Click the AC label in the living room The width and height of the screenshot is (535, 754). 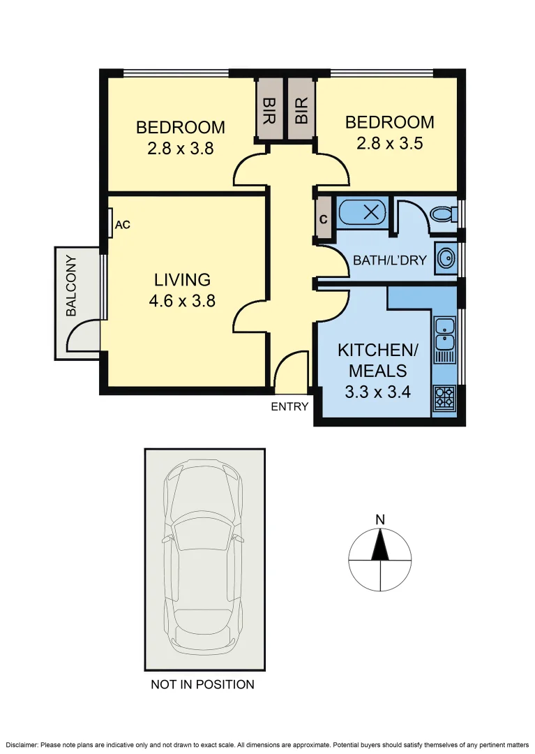[123, 225]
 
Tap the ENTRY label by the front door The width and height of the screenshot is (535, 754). [289, 407]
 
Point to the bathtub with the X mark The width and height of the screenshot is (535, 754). [363, 212]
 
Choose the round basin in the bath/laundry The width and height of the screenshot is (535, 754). [446, 258]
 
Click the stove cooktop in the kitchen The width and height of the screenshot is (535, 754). [443, 397]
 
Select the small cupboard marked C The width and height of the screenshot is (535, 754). [324, 219]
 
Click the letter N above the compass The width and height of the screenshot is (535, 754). [380, 520]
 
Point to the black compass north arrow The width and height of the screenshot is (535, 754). [380, 545]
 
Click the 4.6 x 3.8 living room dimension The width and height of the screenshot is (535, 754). [182, 301]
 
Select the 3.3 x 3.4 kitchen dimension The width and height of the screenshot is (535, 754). [377, 392]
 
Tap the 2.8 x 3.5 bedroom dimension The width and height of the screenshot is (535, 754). [389, 143]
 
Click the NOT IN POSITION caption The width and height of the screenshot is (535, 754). [203, 684]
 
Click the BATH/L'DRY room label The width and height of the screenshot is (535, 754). [389, 260]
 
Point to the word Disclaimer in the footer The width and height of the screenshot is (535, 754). [22, 745]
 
